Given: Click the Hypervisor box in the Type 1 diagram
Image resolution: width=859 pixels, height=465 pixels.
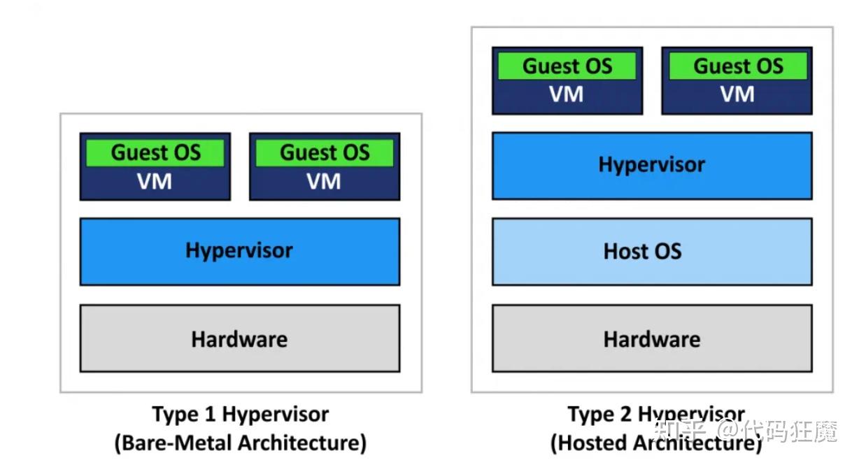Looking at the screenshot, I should point(239,251).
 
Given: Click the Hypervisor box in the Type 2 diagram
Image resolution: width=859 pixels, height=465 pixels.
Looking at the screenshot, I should point(652,165).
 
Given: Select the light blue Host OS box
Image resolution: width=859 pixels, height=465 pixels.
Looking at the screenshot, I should point(652,251).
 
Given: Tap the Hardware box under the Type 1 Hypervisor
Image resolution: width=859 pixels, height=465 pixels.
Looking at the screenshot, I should point(239,339).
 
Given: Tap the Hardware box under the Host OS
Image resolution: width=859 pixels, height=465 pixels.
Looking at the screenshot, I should point(652,339).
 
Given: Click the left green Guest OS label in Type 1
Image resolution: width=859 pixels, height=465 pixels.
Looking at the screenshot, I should point(155,152).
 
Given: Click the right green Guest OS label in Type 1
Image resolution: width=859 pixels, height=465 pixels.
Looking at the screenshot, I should point(325,152).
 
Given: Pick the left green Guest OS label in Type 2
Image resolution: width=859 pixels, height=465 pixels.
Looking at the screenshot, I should point(567,66).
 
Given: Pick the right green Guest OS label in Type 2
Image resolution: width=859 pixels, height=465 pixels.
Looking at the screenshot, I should point(738,66).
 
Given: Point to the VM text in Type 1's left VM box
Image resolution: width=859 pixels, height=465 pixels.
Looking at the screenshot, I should point(155,182).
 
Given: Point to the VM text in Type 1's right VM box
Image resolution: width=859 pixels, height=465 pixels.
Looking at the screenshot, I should point(324,182).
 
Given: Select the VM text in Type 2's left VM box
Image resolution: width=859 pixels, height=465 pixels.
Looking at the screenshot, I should point(567,94).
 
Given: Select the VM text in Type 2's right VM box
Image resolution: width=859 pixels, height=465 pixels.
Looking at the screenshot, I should point(737,94).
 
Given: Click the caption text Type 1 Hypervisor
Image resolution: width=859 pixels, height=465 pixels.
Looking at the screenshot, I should point(240,414).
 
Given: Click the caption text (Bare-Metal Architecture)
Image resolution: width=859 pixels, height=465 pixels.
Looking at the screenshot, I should point(240,443).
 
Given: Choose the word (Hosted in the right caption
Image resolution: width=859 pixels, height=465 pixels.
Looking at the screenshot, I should point(589,443).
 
